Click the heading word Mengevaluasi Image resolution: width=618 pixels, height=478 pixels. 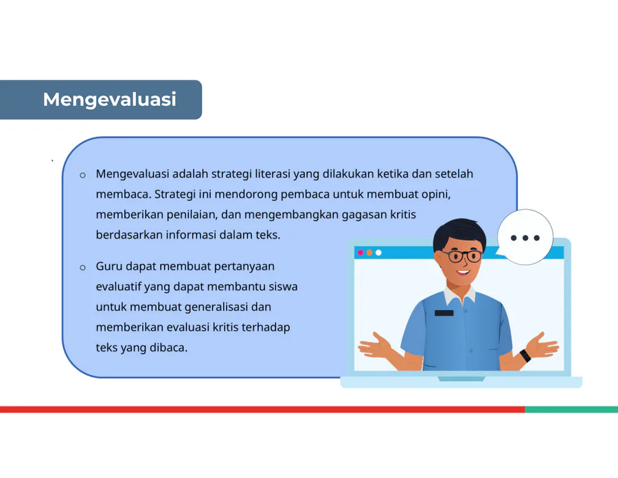pyautogui.click(x=110, y=100)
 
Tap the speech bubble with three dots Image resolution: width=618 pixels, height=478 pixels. pyautogui.click(x=525, y=237)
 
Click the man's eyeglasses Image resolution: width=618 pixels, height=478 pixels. pyautogui.click(x=463, y=257)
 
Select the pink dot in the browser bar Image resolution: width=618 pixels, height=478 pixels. pyautogui.click(x=360, y=252)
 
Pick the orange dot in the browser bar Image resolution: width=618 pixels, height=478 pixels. pyautogui.click(x=369, y=252)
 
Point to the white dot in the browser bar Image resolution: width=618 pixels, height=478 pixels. pyautogui.click(x=378, y=252)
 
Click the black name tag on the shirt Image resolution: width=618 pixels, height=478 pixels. pyautogui.click(x=444, y=313)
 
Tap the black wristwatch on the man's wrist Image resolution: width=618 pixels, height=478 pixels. pyautogui.click(x=525, y=356)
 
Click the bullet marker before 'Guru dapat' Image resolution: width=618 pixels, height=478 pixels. pyautogui.click(x=82, y=268)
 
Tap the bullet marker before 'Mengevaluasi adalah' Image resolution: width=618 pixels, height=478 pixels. pyautogui.click(x=82, y=175)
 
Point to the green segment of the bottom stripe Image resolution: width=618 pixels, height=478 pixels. pyautogui.click(x=571, y=409)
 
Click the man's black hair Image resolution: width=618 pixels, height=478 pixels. pyautogui.click(x=459, y=234)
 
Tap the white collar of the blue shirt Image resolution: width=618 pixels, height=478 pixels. pyautogui.click(x=459, y=295)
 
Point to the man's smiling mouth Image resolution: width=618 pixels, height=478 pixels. pyautogui.click(x=463, y=272)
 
